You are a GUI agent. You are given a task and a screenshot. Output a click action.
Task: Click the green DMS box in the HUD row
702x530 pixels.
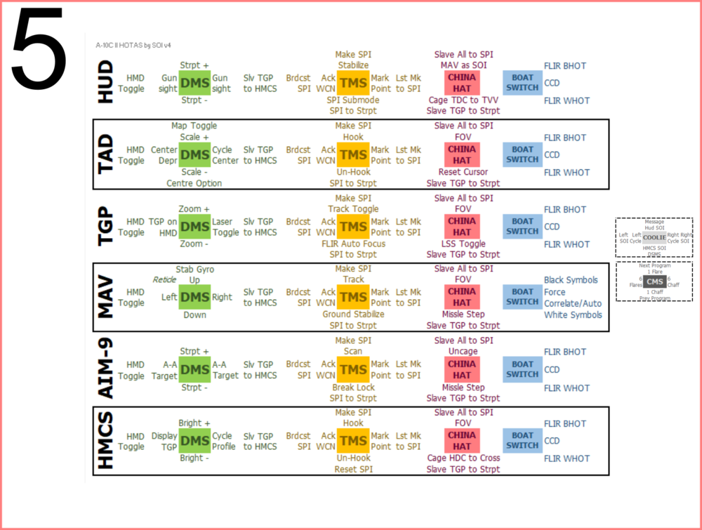195,83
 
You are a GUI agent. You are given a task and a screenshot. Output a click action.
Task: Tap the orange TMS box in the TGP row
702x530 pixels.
353,226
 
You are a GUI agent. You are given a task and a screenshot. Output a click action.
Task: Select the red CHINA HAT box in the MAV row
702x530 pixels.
462,297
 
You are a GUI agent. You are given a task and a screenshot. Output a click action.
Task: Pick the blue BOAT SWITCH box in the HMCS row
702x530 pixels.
522,440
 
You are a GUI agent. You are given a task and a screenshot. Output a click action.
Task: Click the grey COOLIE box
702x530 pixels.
654,237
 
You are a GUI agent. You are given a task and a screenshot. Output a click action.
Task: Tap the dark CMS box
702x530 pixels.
654,281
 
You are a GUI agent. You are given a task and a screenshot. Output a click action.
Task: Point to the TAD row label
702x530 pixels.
106,154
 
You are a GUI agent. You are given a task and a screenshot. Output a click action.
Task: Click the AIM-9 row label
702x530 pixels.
106,369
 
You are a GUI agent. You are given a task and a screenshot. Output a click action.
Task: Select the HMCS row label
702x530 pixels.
106,440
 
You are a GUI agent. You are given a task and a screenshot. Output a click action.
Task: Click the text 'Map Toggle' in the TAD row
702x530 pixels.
194,126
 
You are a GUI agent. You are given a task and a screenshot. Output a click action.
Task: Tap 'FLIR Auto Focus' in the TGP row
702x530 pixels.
353,244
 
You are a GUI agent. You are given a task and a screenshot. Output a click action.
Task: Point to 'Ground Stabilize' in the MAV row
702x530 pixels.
353,314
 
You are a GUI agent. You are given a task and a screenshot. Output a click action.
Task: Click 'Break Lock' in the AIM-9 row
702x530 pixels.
353,387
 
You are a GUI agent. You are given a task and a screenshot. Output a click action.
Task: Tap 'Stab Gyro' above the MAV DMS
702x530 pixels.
194,269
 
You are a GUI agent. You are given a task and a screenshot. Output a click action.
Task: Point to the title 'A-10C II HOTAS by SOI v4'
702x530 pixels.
133,45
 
